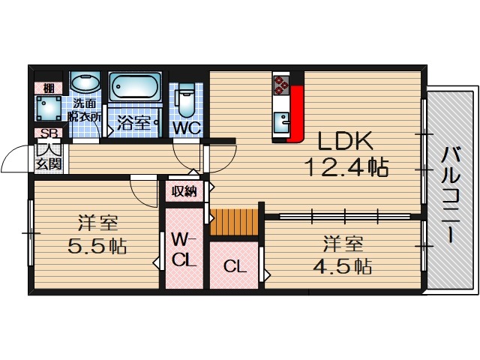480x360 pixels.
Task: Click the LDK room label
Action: [346, 142]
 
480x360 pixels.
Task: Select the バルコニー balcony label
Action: [450, 194]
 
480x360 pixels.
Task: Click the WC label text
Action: [187, 127]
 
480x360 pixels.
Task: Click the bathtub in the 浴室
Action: [135, 88]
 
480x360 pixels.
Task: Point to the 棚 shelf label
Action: [48, 85]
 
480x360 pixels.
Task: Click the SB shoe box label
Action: [49, 134]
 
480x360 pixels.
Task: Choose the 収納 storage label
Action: [184, 191]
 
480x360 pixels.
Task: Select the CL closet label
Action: [234, 266]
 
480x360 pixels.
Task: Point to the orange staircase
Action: [233, 222]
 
